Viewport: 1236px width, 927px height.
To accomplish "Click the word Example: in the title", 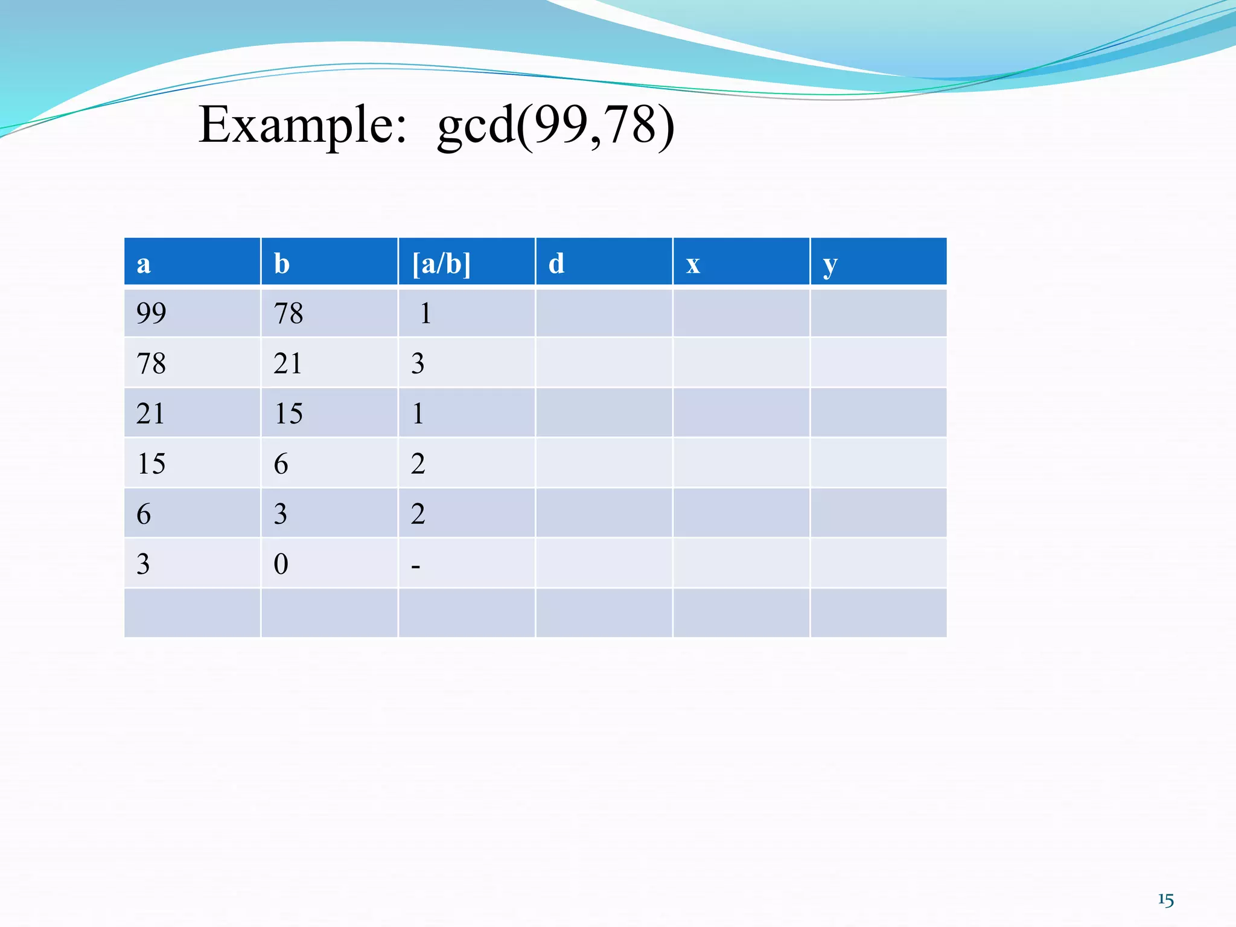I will click(302, 125).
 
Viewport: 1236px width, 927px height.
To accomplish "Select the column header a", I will click(144, 264).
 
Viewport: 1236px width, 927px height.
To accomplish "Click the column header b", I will click(281, 264).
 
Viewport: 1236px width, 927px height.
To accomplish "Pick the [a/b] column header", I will click(441, 264).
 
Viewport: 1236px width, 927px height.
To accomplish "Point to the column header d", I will click(556, 264).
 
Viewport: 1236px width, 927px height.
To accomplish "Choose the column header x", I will click(693, 264).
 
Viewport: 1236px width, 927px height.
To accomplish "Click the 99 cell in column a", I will click(151, 313).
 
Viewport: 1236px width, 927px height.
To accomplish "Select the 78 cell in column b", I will click(288, 313).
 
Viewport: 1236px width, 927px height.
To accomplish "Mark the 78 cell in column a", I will click(151, 363).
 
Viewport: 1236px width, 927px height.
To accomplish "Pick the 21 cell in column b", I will click(287, 363).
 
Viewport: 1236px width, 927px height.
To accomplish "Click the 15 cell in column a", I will click(151, 463).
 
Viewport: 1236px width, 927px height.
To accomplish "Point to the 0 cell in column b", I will click(281, 564).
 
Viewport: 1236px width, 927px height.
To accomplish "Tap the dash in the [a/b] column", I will click(415, 566).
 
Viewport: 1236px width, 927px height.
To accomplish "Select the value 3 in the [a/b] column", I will click(418, 363).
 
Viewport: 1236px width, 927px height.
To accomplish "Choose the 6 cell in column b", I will click(281, 463).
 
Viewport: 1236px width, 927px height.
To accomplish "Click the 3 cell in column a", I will click(143, 564).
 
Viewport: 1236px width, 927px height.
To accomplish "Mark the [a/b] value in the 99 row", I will click(425, 313).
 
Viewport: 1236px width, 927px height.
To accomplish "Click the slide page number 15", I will click(1165, 900).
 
